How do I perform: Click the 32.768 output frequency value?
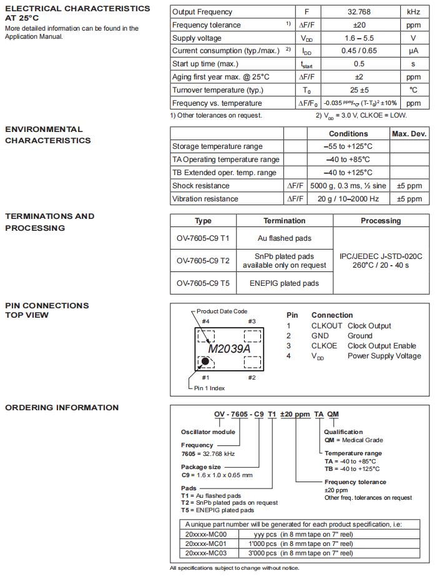pos(359,12)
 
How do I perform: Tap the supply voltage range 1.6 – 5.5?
pos(359,38)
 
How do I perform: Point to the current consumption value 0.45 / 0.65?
pos(359,51)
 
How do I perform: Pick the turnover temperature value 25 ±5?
pos(359,90)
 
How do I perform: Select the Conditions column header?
pos(348,134)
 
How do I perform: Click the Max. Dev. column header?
pos(409,134)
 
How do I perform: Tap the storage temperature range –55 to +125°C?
pos(348,146)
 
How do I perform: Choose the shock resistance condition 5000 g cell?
pos(348,186)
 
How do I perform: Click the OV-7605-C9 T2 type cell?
pos(203,261)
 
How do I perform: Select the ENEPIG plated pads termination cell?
pos(284,283)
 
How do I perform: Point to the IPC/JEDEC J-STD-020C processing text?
pos(381,256)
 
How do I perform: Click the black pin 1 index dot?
pos(204,361)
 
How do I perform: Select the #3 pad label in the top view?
pos(252,321)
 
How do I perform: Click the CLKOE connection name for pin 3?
pos(324,346)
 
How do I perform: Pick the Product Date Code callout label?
pos(222,311)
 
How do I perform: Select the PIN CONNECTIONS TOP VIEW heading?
pos(47,310)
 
